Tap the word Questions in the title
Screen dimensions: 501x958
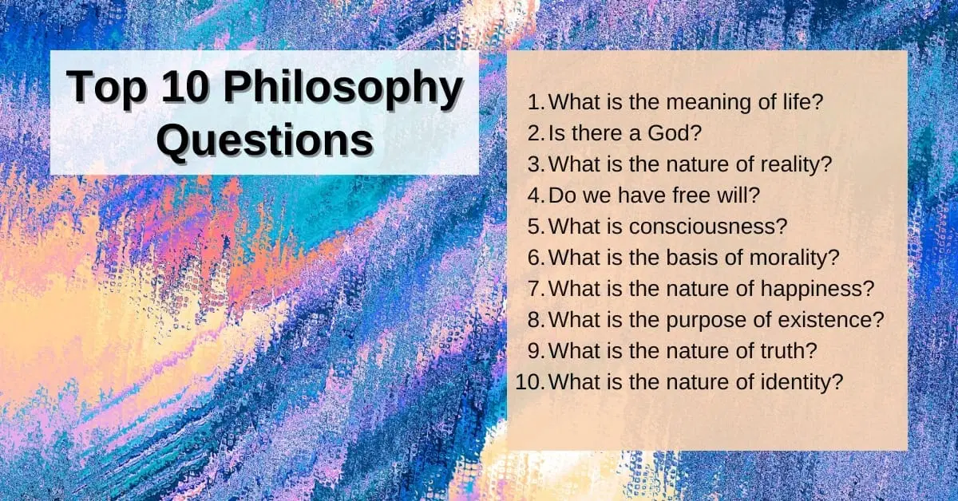pos(264,140)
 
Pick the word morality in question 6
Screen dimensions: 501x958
pos(770,257)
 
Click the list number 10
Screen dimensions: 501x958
pos(529,381)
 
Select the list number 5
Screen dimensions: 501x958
pos(535,226)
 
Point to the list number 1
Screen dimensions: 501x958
pos(536,101)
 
